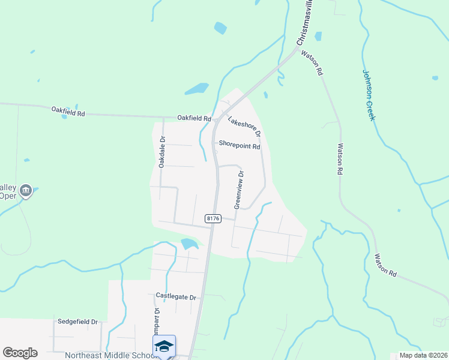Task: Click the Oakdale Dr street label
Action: (162, 152)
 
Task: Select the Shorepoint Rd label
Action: (239, 145)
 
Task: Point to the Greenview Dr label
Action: (239, 190)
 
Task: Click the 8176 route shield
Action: (213, 219)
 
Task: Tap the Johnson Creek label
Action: (369, 95)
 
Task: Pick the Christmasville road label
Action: (305, 24)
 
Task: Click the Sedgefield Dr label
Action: (77, 322)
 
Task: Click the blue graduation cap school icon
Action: (164, 346)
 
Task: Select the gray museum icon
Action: (25, 191)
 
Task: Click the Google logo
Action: (20, 353)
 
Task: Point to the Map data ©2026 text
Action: (423, 355)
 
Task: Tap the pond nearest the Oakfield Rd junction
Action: (196, 89)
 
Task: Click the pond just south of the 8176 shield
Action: (189, 244)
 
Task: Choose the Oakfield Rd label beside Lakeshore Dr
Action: (194, 118)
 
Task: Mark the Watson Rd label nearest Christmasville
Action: (312, 63)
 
